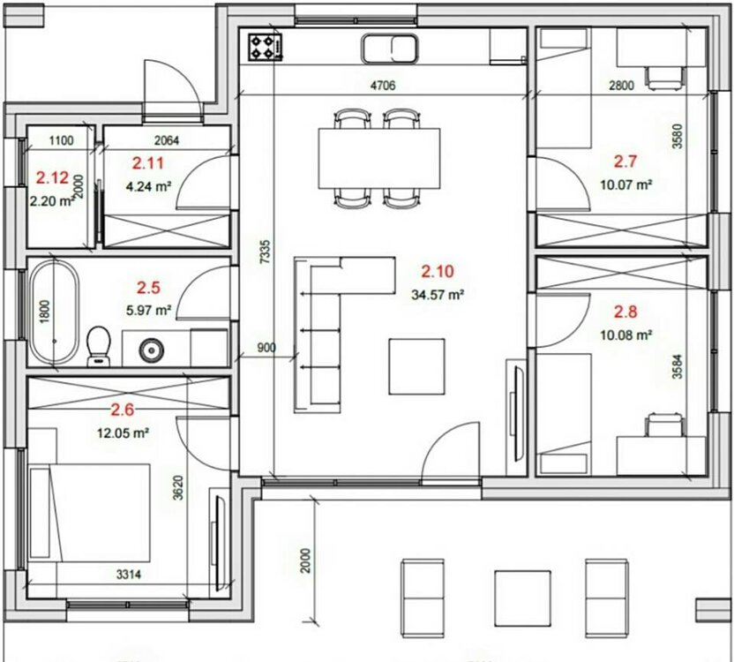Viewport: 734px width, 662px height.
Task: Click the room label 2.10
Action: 438,271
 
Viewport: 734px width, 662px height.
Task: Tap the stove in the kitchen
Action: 266,47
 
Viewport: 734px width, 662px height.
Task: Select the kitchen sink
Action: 389,49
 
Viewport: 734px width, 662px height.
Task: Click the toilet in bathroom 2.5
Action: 98,346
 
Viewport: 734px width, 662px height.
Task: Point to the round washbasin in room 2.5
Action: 152,349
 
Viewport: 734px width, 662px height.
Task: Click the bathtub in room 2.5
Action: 55,312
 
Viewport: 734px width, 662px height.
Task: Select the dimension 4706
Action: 383,86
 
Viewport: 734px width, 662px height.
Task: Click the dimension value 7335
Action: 265,252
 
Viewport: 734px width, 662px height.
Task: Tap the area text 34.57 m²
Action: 438,295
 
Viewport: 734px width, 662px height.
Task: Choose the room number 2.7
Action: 625,162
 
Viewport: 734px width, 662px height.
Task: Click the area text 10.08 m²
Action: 625,335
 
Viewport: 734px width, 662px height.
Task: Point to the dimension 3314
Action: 128,575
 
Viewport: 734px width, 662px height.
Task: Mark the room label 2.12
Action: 52,178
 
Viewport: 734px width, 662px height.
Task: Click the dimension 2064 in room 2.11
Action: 166,140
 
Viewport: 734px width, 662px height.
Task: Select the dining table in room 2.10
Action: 379,158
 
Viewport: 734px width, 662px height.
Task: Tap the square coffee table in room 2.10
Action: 416,367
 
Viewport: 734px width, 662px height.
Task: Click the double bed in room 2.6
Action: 89,513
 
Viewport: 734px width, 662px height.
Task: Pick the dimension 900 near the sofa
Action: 266,348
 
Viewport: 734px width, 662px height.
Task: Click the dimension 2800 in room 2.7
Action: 621,86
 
